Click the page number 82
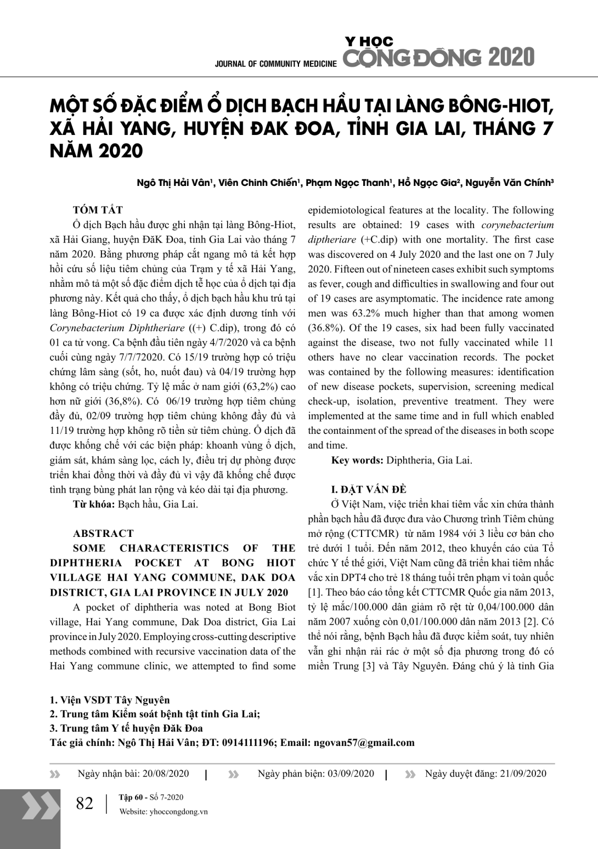pos(84,803)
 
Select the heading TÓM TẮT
pos(98,210)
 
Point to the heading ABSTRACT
pos(103,533)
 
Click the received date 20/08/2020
pos(165,773)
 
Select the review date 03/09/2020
pos(351,773)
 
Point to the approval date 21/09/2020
pos(523,773)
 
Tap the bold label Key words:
pos(357,460)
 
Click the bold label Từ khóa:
pos(94,504)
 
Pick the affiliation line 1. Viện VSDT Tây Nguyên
pos(110,700)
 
